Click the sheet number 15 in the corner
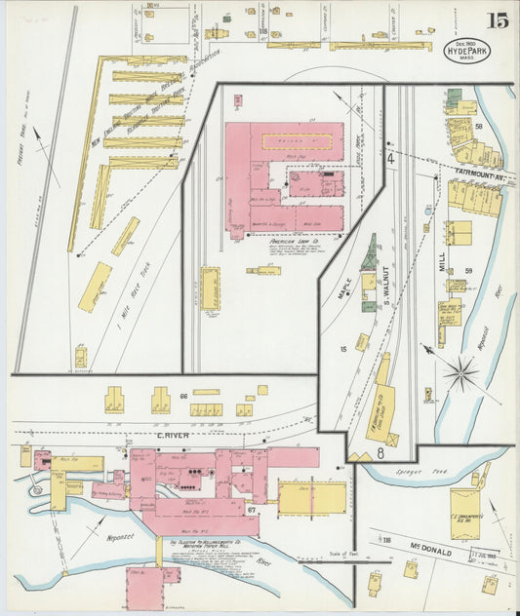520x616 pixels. point(498,19)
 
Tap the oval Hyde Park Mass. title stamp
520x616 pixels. point(467,51)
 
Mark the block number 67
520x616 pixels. point(252,510)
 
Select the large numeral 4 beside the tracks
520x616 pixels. point(389,157)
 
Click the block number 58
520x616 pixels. point(478,127)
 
